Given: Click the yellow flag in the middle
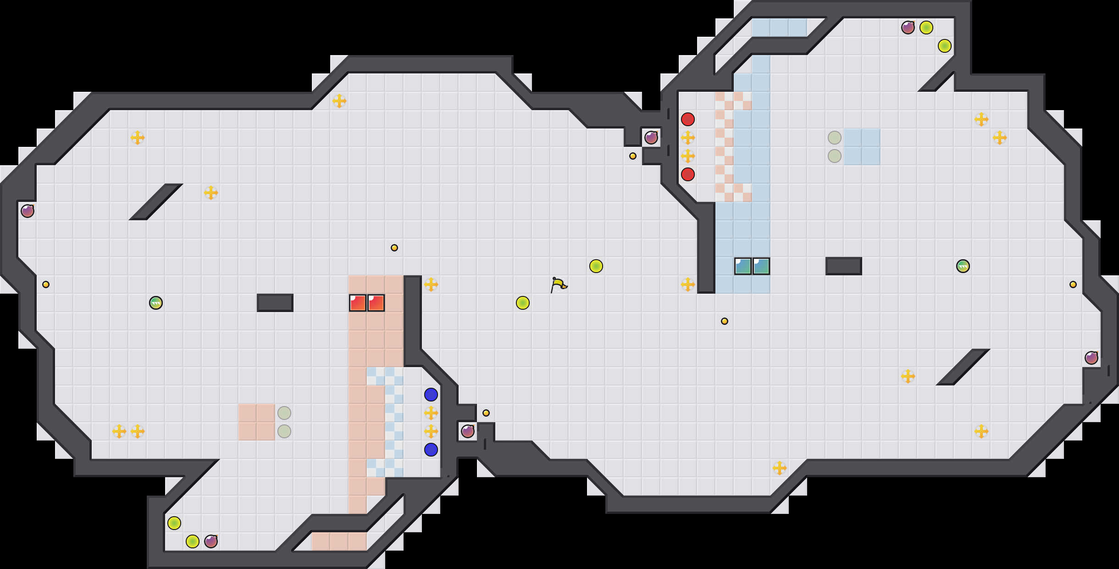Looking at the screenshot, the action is pyautogui.click(x=559, y=285).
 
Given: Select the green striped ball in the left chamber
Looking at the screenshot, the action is pyautogui.click(x=156, y=303).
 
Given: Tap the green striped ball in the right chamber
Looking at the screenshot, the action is pyautogui.click(x=963, y=266).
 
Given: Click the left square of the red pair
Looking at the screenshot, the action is pyautogui.click(x=358, y=303).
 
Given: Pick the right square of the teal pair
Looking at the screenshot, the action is pyautogui.click(x=761, y=266).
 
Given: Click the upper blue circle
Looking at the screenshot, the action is pyautogui.click(x=431, y=395).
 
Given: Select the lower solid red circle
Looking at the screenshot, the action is pyautogui.click(x=688, y=174).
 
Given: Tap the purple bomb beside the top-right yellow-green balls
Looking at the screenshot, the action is pyautogui.click(x=908, y=28).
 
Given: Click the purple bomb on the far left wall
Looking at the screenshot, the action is pyautogui.click(x=28, y=211).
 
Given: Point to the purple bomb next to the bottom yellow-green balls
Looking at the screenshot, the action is pyautogui.click(x=211, y=541).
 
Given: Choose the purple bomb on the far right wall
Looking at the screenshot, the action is pyautogui.click(x=1091, y=358).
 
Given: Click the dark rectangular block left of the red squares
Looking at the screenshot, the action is pyautogui.click(x=275, y=303).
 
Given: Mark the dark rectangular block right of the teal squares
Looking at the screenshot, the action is pyautogui.click(x=844, y=266).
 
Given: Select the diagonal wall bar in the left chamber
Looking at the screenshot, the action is pyautogui.click(x=156, y=202).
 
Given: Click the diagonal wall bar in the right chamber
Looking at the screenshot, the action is pyautogui.click(x=963, y=367).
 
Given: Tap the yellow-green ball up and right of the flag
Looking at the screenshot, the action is pyautogui.click(x=596, y=266).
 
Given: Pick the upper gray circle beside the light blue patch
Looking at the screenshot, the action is pyautogui.click(x=835, y=138).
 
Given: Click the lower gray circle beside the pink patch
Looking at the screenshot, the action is pyautogui.click(x=284, y=431).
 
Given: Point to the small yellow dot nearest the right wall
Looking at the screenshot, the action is pyautogui.click(x=1073, y=284).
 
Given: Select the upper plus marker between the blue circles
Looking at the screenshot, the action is pyautogui.click(x=431, y=413).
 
